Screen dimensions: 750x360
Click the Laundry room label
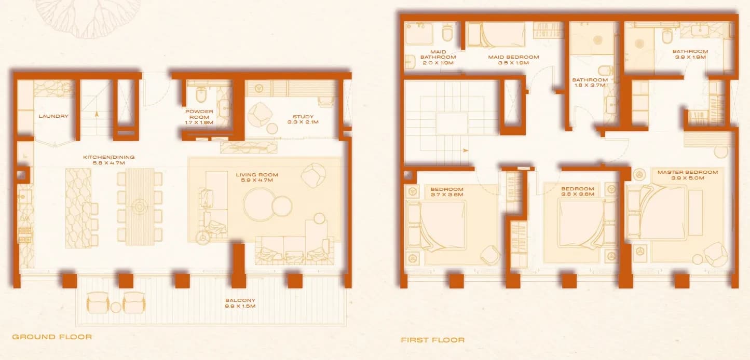[x=53, y=116]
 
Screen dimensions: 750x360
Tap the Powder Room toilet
[x=201, y=94]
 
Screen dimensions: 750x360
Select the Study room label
[x=303, y=119]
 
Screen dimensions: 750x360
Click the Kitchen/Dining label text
[x=109, y=160]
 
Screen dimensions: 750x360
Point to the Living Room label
[x=257, y=177]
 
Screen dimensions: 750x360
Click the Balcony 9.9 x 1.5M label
[x=240, y=303]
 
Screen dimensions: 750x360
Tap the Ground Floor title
[x=52, y=337]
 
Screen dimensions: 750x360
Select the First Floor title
[x=432, y=340]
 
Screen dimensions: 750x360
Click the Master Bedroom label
[x=688, y=175]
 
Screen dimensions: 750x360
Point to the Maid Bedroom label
[x=513, y=60]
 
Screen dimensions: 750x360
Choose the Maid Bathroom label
[x=438, y=57]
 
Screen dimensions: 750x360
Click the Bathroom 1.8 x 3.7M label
[x=590, y=82]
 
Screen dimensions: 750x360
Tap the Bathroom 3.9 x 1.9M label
[x=690, y=54]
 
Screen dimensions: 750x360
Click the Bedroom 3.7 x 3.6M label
[x=447, y=192]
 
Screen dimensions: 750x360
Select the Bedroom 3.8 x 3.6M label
[x=578, y=191]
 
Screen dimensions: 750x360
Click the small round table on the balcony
[x=116, y=308]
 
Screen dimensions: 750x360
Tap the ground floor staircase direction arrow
[x=97, y=114]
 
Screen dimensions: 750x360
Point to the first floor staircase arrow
[x=466, y=150]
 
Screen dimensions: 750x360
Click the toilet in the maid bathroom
[x=447, y=33]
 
